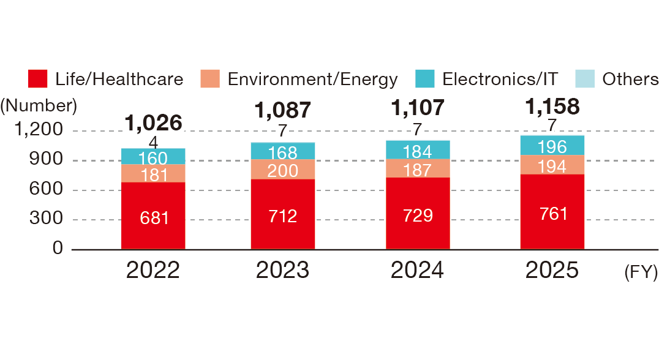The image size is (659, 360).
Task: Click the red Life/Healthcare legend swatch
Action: click(x=37, y=78)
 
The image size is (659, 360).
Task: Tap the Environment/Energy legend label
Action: click(x=312, y=80)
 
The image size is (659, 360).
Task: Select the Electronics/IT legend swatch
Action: click(x=424, y=78)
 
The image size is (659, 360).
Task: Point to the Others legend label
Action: click(x=630, y=79)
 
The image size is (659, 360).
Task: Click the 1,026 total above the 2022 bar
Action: click(x=153, y=122)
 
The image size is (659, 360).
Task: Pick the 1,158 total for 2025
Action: click(x=552, y=107)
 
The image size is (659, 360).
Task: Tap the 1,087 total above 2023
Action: click(x=283, y=110)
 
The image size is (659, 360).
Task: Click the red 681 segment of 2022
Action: click(x=153, y=216)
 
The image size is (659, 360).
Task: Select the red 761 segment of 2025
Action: click(x=552, y=212)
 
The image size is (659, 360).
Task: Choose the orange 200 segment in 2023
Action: click(x=283, y=170)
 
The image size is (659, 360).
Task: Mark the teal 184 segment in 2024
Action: click(x=418, y=150)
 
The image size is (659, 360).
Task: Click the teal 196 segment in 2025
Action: click(x=552, y=146)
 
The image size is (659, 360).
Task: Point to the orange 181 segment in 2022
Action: click(x=153, y=173)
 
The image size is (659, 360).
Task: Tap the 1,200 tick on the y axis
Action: click(x=39, y=129)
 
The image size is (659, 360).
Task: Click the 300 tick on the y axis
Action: click(x=46, y=219)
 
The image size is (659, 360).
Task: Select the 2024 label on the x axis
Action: click(x=417, y=270)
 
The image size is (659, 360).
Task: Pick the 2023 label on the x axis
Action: click(x=282, y=270)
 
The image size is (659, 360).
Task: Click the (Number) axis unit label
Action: click(x=39, y=105)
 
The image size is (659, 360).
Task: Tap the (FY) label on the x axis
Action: click(x=641, y=272)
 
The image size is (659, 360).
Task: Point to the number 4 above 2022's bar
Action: click(x=153, y=143)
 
